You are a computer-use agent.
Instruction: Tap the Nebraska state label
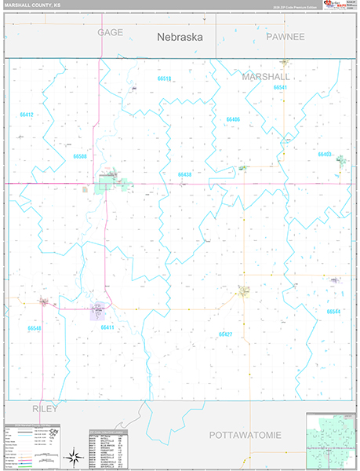click(180, 36)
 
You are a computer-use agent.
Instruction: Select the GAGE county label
click(111, 32)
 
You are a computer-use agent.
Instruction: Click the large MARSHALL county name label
click(266, 77)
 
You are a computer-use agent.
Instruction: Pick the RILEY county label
click(45, 409)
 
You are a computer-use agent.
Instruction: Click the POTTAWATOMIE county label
click(244, 434)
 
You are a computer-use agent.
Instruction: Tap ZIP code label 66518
click(164, 79)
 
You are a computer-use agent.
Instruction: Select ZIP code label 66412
click(27, 115)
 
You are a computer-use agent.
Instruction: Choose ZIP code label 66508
click(80, 156)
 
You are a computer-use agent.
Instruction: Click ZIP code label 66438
click(184, 174)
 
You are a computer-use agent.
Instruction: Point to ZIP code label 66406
click(232, 119)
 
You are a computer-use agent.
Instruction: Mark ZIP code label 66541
click(280, 87)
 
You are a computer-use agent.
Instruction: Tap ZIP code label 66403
click(325, 154)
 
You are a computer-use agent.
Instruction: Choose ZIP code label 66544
click(334, 312)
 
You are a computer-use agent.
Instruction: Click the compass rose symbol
click(75, 456)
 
